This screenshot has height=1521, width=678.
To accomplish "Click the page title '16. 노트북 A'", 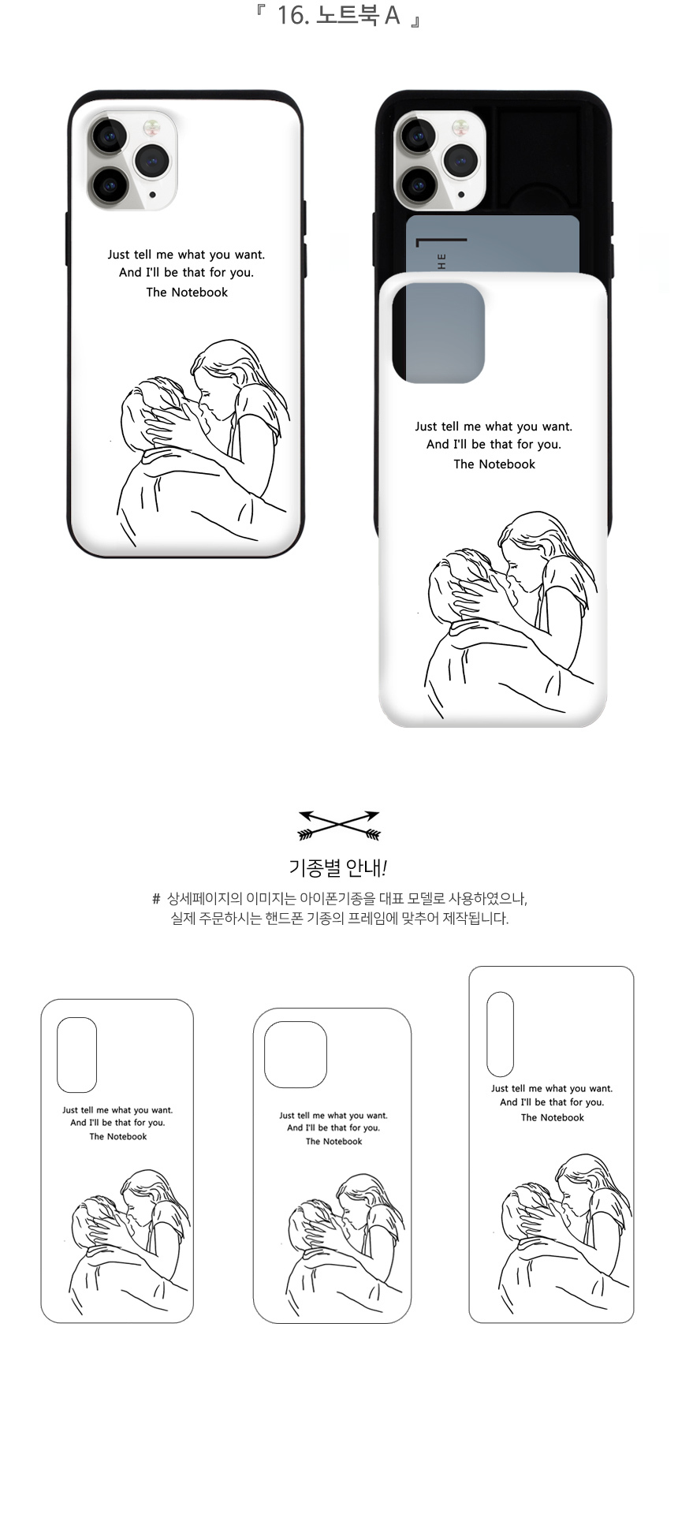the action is tap(338, 15).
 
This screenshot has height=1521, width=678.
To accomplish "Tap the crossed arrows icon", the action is tap(339, 825).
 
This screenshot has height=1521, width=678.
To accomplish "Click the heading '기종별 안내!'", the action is tap(338, 868).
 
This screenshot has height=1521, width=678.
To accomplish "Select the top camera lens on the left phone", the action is tap(109, 136).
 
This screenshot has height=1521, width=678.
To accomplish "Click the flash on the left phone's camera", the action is tap(151, 126).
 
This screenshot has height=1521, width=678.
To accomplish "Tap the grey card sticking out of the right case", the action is tap(493, 244).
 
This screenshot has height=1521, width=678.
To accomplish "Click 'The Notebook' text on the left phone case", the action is tap(187, 293).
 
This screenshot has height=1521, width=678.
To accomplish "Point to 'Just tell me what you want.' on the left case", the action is tap(186, 255).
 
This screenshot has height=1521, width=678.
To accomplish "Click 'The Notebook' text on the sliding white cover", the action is tap(494, 464).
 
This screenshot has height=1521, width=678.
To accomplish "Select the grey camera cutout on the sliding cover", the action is tap(438, 333).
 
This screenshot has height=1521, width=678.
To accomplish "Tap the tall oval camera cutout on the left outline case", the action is tap(76, 1055).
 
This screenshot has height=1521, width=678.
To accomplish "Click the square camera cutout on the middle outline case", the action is tap(296, 1055).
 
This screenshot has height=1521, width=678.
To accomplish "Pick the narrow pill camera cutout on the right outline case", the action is tap(500, 1035).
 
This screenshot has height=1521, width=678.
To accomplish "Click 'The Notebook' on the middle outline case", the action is tap(334, 1142).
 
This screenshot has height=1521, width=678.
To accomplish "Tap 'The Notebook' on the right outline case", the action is tap(553, 1118).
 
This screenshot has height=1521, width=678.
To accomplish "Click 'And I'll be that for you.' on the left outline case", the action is tap(117, 1123).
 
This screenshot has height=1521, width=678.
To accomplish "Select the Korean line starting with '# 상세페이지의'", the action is tap(339, 899).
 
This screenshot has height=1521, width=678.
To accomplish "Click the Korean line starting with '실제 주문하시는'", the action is tap(340, 919).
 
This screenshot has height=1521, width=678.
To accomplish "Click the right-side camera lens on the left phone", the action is tap(152, 162).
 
